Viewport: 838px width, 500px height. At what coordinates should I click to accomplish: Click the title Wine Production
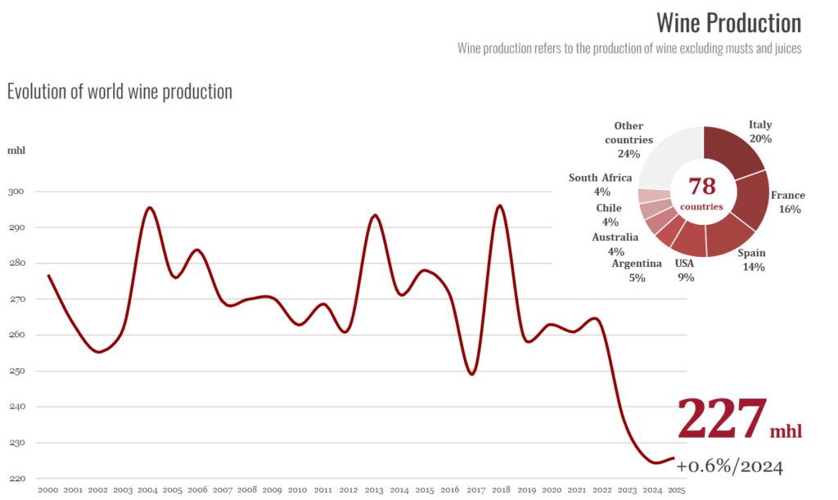click(729, 23)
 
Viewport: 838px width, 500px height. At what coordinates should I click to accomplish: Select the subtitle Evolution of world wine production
click(119, 92)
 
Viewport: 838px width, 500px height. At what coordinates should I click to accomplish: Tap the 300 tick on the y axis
click(16, 191)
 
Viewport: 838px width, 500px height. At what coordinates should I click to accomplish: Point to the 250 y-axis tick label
click(16, 371)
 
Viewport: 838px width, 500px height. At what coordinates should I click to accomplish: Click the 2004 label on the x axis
click(147, 490)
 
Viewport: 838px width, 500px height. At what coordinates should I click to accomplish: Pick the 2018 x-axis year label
click(502, 490)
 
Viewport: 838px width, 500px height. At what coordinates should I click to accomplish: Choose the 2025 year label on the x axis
click(677, 490)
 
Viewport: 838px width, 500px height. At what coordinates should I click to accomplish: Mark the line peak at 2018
click(500, 205)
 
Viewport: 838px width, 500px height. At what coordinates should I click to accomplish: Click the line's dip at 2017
click(472, 373)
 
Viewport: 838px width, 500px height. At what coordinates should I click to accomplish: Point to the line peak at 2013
click(375, 215)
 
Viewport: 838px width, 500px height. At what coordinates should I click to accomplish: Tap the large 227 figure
click(722, 418)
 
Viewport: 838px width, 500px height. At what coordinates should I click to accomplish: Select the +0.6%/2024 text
click(729, 466)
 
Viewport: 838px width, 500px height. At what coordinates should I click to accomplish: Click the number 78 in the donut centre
click(701, 187)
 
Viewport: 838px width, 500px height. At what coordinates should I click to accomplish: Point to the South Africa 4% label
click(601, 184)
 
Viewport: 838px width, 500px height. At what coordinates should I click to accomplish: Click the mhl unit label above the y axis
click(16, 150)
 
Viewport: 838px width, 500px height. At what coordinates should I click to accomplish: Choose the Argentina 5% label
click(637, 270)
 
